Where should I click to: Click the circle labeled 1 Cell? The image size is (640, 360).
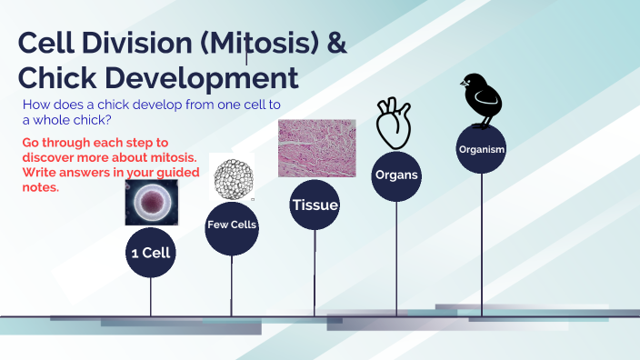[150, 254]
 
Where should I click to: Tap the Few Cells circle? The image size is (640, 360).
[232, 225]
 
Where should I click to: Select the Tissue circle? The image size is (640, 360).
[315, 205]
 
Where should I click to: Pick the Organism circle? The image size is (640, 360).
[482, 149]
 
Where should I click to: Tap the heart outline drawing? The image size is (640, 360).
[395, 124]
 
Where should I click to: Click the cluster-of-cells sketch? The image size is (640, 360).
[230, 176]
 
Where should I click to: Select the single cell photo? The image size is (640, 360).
[151, 202]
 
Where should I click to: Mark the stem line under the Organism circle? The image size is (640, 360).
[482, 245]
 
